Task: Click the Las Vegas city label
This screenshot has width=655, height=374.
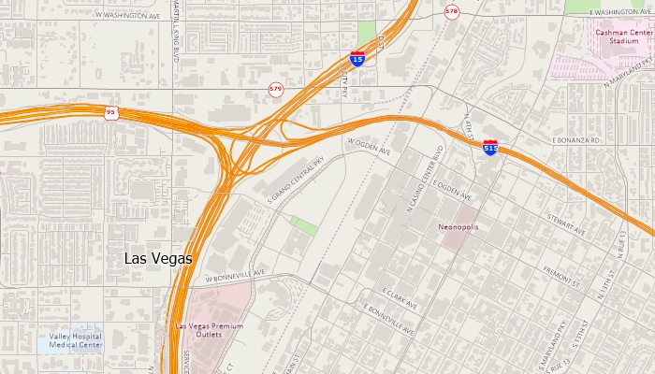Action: coord(158,258)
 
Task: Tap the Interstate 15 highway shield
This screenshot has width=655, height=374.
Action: coord(358,58)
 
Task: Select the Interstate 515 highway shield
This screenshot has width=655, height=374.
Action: coord(490,148)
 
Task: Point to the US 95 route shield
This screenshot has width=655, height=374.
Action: coord(111,112)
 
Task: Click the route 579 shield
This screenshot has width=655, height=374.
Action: coord(275,89)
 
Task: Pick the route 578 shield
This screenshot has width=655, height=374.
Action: coord(453,12)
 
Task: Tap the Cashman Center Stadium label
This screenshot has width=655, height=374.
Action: coord(623,36)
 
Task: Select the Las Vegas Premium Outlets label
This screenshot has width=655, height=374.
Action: coord(209,329)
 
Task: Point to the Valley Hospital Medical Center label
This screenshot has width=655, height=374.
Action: coord(77,340)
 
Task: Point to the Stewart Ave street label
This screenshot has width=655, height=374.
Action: coord(567,228)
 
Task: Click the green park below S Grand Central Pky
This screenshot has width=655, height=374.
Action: coord(303,225)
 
